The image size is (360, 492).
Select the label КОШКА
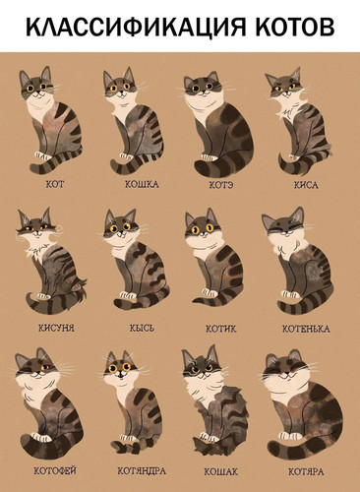[x=141, y=184]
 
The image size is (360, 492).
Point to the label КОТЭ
[x=220, y=184]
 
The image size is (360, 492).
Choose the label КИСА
[x=305, y=184]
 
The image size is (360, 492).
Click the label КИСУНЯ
[x=56, y=328]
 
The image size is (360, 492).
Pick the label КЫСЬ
[x=141, y=328]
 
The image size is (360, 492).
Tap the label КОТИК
[x=220, y=328]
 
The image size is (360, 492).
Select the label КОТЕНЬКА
[x=305, y=328]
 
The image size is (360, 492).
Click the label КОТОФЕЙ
[x=56, y=470]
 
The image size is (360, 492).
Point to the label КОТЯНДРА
[x=141, y=470]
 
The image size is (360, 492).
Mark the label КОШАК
[x=220, y=470]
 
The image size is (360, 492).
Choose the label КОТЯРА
[x=305, y=470]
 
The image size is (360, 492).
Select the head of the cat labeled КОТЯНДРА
[x=119, y=371]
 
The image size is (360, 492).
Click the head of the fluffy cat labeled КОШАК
[x=202, y=370]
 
